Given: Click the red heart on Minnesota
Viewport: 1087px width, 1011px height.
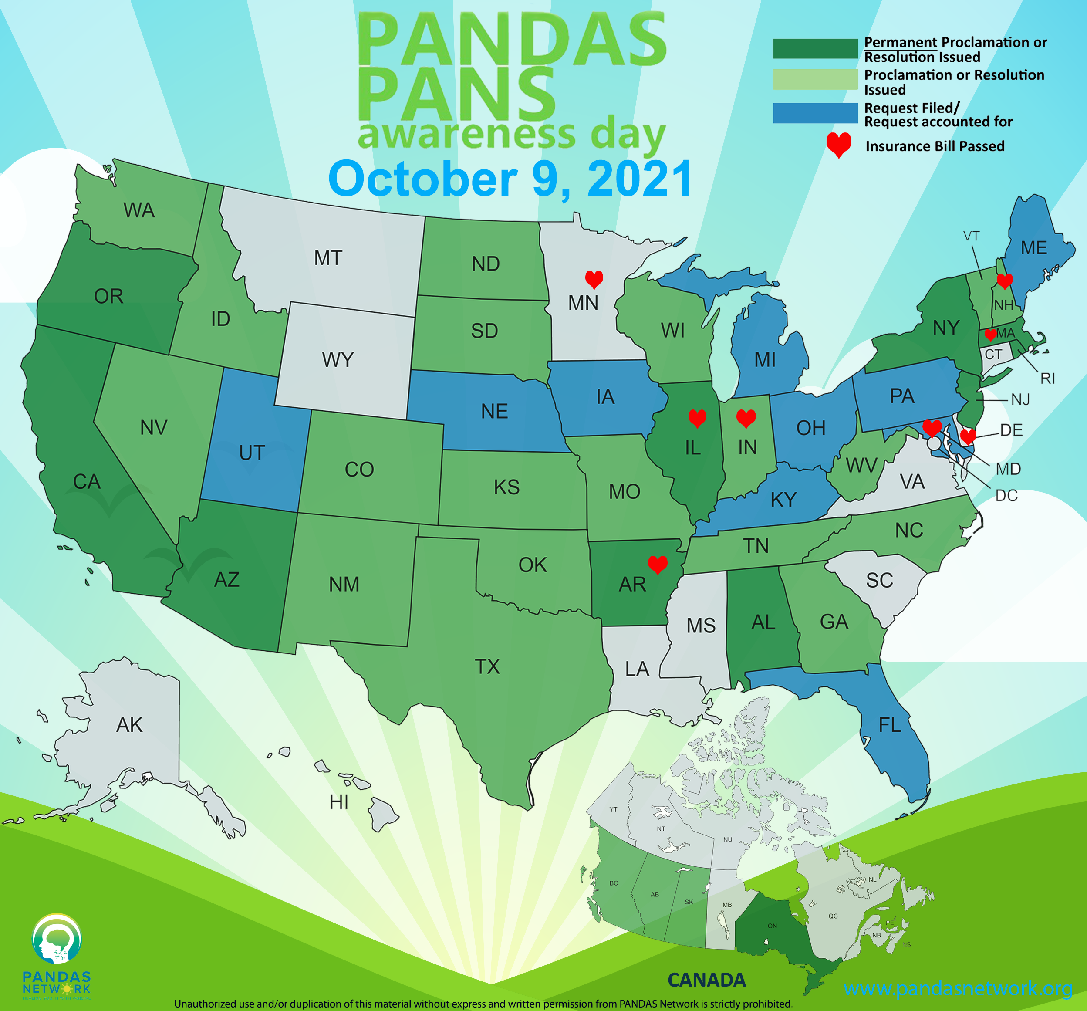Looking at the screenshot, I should tap(594, 279).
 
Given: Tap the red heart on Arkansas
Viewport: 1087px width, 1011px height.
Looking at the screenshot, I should tap(657, 564).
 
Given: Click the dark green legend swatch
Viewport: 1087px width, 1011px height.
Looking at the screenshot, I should tap(815, 49).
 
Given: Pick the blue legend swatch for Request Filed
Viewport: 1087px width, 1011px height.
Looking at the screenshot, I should tap(815, 113).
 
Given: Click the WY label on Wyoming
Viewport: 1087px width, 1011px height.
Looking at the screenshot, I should tap(338, 360).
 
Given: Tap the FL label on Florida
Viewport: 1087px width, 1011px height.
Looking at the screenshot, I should tap(890, 725).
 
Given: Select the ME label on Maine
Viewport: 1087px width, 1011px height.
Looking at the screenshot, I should tap(1034, 248).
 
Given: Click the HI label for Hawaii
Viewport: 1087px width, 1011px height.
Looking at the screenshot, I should tap(339, 802).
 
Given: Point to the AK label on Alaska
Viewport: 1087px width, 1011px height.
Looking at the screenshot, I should tap(130, 725).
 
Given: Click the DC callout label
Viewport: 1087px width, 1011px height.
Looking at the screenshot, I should tap(1006, 495).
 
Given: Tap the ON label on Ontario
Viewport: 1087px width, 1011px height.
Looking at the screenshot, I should tap(772, 926).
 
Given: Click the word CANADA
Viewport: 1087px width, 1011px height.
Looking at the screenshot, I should tap(706, 980).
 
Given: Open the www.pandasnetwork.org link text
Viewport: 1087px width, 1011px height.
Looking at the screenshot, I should tap(958, 987).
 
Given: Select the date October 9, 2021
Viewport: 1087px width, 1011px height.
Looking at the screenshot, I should tap(510, 179).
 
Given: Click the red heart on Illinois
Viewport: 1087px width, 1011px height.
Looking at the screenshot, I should tap(697, 418).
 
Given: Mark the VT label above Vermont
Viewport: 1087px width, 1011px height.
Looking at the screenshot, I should tap(971, 236).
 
